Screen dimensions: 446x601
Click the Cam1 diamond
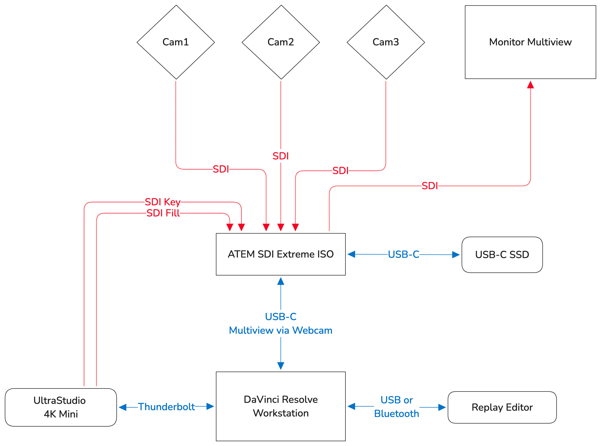click(176, 42)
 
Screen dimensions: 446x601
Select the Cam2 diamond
click(281, 42)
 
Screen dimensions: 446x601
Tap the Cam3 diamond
click(386, 42)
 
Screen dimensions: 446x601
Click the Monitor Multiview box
click(530, 42)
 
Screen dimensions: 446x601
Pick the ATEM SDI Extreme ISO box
click(281, 254)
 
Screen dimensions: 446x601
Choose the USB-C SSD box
click(502, 255)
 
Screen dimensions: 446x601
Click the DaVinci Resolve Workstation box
click(281, 406)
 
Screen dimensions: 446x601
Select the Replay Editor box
click(502, 407)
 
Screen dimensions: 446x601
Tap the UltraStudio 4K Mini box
click(61, 407)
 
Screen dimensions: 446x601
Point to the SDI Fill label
click(163, 213)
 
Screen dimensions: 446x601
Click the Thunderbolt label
click(166, 407)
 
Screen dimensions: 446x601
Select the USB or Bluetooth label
click(396, 407)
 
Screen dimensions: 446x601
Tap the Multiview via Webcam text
click(281, 330)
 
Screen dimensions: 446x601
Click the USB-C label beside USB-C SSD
click(404, 254)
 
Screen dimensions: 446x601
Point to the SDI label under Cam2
click(281, 156)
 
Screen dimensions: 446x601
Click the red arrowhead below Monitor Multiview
click(530, 85)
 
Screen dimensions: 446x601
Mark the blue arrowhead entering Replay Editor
click(442, 407)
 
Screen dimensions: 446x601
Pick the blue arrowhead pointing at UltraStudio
click(123, 407)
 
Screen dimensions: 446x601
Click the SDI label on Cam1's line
click(220, 169)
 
